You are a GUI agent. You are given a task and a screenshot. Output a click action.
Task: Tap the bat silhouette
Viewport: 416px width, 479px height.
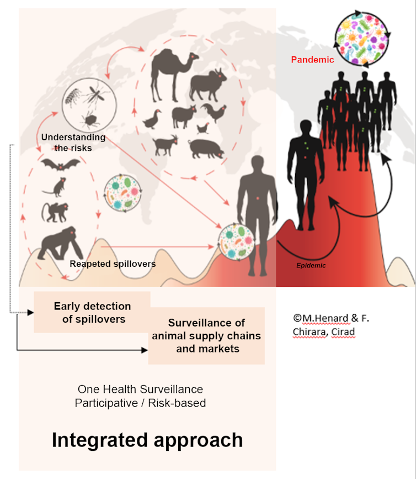pyautogui.click(x=60, y=165)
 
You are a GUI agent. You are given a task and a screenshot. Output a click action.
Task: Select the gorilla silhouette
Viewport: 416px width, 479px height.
pyautogui.click(x=61, y=244)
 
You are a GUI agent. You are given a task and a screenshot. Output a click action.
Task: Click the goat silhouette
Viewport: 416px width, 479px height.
pyautogui.click(x=166, y=145)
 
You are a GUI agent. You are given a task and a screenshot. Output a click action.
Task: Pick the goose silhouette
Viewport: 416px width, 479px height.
pyautogui.click(x=152, y=119)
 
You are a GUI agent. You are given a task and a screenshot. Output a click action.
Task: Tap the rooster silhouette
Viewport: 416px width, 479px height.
pyautogui.click(x=214, y=112)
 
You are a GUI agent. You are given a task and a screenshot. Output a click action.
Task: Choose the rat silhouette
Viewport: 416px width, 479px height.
pyautogui.click(x=55, y=187)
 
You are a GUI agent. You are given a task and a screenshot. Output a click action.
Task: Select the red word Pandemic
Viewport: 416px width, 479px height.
pyautogui.click(x=312, y=60)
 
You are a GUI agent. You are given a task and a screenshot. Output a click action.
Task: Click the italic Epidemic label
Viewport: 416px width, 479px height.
pyautogui.click(x=311, y=265)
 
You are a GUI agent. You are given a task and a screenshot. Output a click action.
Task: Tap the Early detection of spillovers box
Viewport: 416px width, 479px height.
pyautogui.click(x=92, y=312)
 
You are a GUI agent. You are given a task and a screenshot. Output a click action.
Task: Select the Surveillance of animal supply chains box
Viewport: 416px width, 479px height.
pyautogui.click(x=206, y=336)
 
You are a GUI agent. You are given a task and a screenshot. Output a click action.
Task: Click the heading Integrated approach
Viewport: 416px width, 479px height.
pyautogui.click(x=147, y=440)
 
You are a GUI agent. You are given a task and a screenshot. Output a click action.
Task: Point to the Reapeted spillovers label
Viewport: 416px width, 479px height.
pyautogui.click(x=113, y=264)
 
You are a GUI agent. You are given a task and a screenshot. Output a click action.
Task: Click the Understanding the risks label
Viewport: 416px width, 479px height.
pyautogui.click(x=73, y=143)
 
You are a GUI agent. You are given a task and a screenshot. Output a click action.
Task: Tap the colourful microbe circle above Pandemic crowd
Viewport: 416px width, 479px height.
pyautogui.click(x=362, y=39)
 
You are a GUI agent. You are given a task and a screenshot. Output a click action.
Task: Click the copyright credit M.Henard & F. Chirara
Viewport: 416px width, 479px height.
pyautogui.click(x=331, y=325)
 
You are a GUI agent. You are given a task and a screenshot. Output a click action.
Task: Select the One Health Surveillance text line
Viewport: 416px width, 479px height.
pyautogui.click(x=140, y=389)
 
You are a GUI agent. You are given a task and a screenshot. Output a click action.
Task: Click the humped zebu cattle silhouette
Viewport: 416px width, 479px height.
pyautogui.click(x=208, y=85)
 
